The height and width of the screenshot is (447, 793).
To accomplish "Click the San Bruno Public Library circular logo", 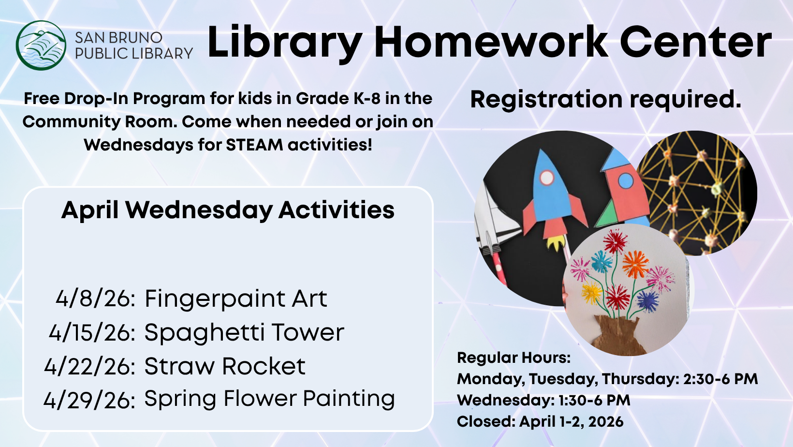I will click(x=41, y=45).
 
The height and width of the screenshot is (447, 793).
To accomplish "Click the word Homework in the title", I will click(x=490, y=43).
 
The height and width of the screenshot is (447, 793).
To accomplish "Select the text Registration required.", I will click(x=605, y=99).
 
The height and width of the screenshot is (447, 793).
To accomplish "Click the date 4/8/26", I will click(x=95, y=298).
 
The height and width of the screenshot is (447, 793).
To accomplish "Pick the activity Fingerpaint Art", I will click(x=236, y=298).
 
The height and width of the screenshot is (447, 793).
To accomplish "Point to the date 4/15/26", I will click(x=92, y=333).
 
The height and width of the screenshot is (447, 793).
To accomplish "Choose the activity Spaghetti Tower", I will click(x=244, y=333).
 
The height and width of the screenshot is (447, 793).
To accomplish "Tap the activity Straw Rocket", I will click(x=225, y=366).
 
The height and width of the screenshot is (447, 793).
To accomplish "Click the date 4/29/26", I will click(x=89, y=401).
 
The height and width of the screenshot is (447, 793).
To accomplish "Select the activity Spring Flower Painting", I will click(x=269, y=399).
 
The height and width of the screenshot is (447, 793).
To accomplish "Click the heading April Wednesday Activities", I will click(x=228, y=210).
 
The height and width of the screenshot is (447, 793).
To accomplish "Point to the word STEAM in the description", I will click(x=254, y=145).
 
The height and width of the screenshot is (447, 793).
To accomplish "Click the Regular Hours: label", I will click(x=514, y=358).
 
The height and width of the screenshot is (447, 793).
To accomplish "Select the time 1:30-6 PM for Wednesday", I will click(x=594, y=401).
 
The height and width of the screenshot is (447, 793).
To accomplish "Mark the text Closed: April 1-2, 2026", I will click(x=540, y=422).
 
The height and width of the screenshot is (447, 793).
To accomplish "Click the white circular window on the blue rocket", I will click(x=546, y=178).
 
